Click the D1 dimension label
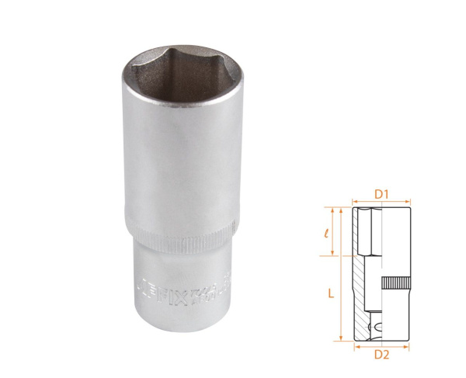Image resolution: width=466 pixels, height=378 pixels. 381,192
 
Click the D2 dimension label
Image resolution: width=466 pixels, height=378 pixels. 381,355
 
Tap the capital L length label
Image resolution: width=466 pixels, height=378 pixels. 330,293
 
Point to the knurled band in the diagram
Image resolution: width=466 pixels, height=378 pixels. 395,283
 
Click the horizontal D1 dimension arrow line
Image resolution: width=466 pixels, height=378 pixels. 381,200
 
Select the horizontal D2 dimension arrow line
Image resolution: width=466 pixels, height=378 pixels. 381,346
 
